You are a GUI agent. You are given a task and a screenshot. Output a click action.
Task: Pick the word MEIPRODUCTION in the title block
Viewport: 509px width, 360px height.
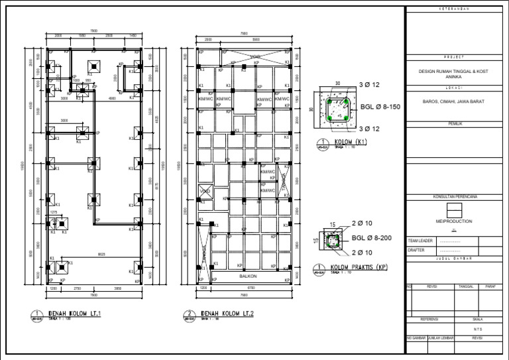tap(455, 221)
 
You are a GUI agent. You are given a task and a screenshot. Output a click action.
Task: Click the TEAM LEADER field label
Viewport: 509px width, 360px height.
tap(420, 241)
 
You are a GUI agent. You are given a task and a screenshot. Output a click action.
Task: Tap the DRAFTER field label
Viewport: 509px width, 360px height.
tap(416, 251)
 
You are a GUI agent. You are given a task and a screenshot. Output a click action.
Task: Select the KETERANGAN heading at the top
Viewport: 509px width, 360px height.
tap(455, 9)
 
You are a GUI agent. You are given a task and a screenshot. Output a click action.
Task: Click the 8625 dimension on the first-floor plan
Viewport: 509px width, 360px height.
tap(102, 253)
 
